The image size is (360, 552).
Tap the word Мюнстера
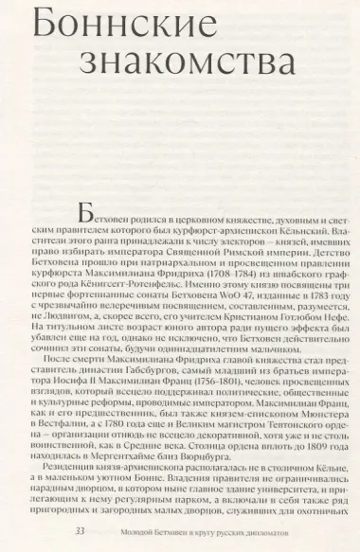314,441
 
